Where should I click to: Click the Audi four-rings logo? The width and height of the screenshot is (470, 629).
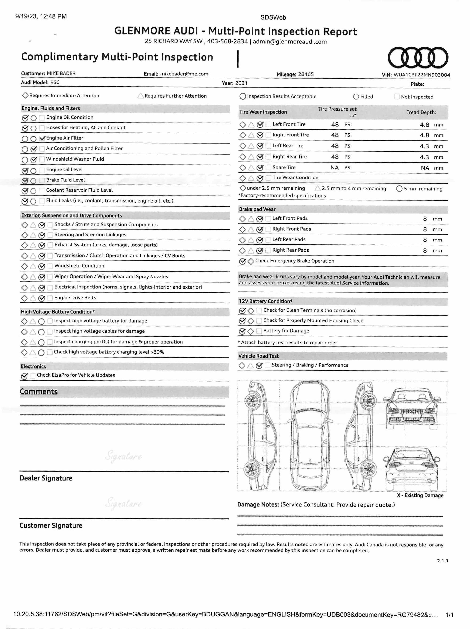[x=418, y=58]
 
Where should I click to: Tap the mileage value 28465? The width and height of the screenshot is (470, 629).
[x=306, y=75]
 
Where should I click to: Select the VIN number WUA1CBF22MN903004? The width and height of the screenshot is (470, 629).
[x=422, y=75]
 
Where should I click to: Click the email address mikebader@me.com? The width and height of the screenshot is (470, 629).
[x=184, y=74]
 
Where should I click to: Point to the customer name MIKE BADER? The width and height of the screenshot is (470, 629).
[x=61, y=73]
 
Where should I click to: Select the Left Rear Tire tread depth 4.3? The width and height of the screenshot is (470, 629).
[x=424, y=146]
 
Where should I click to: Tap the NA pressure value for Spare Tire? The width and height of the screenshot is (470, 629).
[x=334, y=168]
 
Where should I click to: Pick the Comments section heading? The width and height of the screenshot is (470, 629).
[x=39, y=392]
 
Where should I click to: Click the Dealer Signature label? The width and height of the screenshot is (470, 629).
[x=46, y=478]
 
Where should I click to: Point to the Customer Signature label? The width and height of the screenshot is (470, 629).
[x=51, y=525]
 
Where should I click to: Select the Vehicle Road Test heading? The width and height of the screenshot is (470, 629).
[x=258, y=356]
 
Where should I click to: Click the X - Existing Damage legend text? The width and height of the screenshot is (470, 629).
[x=420, y=495]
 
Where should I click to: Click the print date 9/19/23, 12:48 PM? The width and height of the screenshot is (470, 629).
[x=41, y=16]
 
